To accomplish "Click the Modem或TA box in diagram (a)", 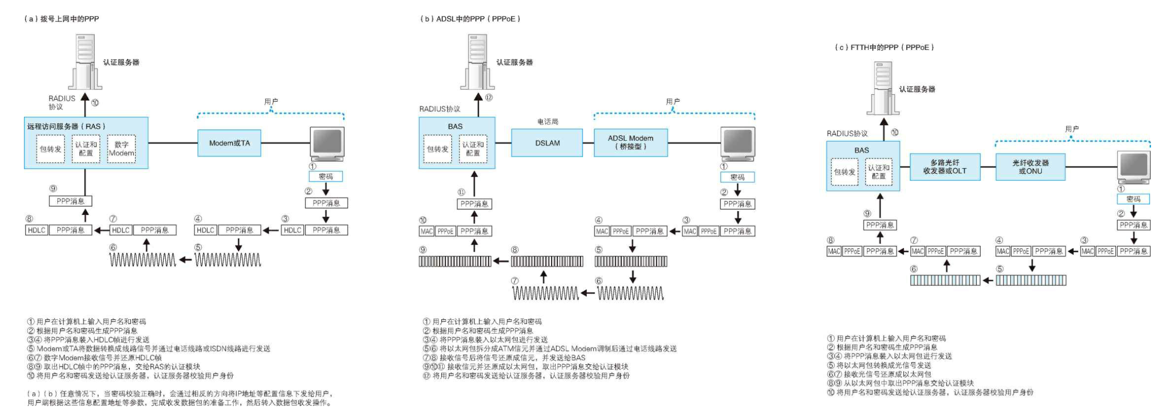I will pyautogui.click(x=229, y=143).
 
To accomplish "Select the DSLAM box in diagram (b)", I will pyautogui.click(x=547, y=143).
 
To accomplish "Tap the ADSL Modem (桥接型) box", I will pyautogui.click(x=630, y=143).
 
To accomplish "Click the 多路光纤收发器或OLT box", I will pyautogui.click(x=944, y=167).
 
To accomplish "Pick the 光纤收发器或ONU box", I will pyautogui.click(x=1030, y=167).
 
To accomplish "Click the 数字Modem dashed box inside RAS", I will pyautogui.click(x=121, y=149).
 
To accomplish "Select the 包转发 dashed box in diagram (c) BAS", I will pyautogui.click(x=844, y=172).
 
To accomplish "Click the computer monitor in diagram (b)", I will pyautogui.click(x=738, y=144).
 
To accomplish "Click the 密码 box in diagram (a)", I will pyautogui.click(x=325, y=177).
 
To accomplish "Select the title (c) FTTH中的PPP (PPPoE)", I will pyautogui.click(x=884, y=47).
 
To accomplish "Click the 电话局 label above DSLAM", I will pyautogui.click(x=548, y=122).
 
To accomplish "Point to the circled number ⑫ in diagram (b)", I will pyautogui.click(x=489, y=98).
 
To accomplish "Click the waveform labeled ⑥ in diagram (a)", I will pyautogui.click(x=143, y=260).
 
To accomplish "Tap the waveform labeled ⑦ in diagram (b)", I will pyautogui.click(x=546, y=293).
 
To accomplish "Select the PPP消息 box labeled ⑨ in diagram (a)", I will pyautogui.click(x=70, y=201).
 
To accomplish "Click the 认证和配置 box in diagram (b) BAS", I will pyautogui.click(x=473, y=149).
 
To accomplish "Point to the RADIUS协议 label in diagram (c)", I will pyautogui.click(x=847, y=134).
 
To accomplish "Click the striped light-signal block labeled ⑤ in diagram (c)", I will pyautogui.click(x=1031, y=280).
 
